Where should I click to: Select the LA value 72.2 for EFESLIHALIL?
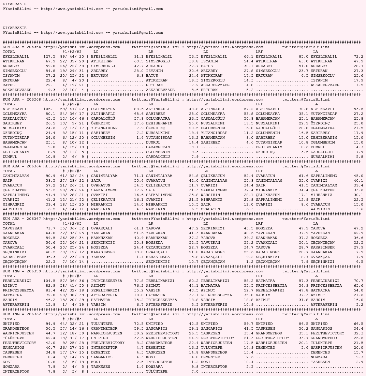(358, 57)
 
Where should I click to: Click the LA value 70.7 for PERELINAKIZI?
(358, 281)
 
